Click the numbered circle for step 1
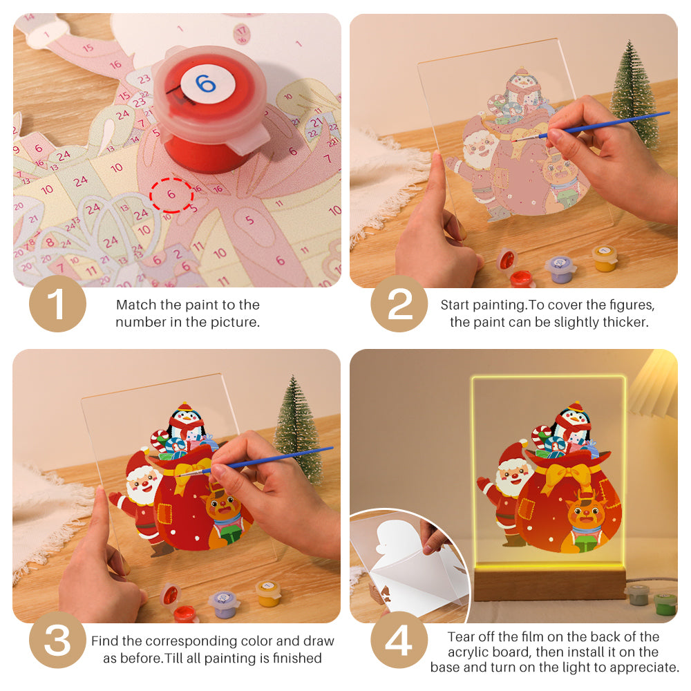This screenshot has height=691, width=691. tap(57, 303)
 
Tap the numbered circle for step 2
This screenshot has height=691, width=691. tap(400, 303)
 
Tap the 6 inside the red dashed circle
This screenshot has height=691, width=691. tap(171, 196)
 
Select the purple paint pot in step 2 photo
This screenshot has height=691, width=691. tap(560, 268)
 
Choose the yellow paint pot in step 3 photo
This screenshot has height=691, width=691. tap(268, 593)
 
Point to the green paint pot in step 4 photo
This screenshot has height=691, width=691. tap(665, 603)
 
